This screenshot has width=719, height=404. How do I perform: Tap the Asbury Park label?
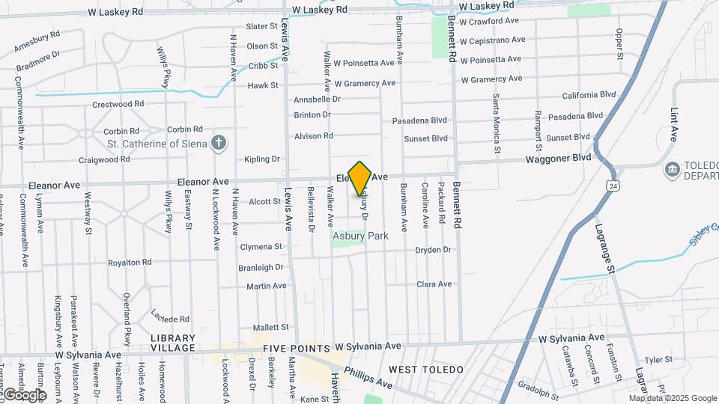click(x=360, y=236)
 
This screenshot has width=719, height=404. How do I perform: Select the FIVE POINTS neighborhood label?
click(x=296, y=349)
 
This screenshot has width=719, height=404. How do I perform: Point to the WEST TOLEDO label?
click(x=426, y=370)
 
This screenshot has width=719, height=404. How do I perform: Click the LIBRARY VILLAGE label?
click(x=173, y=343)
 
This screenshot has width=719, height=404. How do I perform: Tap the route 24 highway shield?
click(x=613, y=183)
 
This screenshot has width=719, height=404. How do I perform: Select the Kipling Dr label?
click(x=261, y=159)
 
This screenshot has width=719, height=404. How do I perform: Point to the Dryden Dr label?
click(x=434, y=250)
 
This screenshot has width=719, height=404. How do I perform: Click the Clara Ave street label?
click(x=434, y=284)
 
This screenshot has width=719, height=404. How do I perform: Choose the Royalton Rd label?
click(x=130, y=263)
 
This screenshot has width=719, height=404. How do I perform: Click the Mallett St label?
click(x=270, y=328)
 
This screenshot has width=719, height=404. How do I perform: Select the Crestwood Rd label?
click(x=118, y=104)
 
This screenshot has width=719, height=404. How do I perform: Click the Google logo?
click(x=25, y=394)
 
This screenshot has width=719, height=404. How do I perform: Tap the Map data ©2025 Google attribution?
click(x=673, y=398)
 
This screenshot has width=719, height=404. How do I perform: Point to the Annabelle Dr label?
click(x=317, y=99)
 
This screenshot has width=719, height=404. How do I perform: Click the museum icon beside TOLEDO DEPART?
click(x=671, y=171)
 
